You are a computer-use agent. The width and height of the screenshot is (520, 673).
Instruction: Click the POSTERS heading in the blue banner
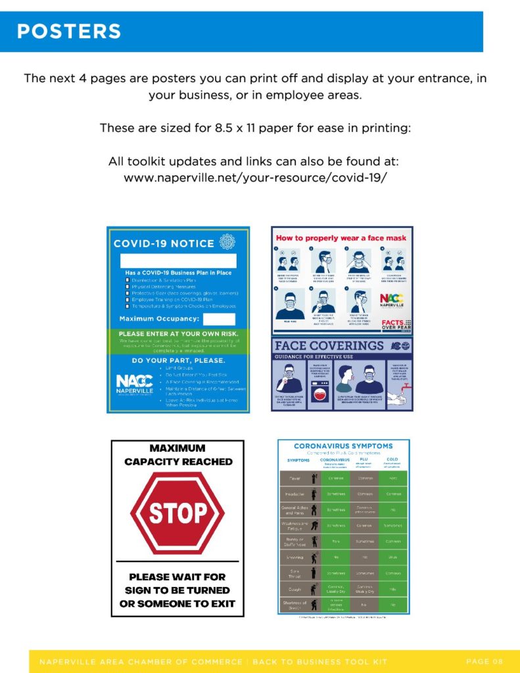[x=69, y=31]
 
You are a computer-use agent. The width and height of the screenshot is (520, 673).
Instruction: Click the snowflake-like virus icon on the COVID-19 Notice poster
[x=227, y=242]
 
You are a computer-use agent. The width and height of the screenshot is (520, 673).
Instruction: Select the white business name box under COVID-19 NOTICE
[x=178, y=261]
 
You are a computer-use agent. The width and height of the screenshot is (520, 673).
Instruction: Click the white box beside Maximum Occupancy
[x=219, y=319]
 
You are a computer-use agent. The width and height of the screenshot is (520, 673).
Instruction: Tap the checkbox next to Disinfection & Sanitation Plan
[x=127, y=280]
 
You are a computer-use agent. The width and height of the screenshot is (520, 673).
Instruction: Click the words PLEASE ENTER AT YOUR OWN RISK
[x=177, y=334]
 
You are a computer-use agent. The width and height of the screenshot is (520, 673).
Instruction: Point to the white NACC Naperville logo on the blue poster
[x=134, y=383]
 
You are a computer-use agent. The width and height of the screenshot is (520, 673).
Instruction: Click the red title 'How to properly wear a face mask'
[x=341, y=238]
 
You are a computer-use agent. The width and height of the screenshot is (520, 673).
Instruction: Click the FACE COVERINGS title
[x=329, y=346]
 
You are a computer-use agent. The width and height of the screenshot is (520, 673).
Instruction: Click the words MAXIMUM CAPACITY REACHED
[x=177, y=455]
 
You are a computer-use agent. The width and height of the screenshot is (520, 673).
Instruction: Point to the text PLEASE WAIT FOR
[x=177, y=577]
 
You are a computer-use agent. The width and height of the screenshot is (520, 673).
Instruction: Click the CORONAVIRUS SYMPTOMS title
[x=343, y=446]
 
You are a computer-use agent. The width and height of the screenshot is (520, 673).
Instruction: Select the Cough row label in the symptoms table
[x=294, y=589]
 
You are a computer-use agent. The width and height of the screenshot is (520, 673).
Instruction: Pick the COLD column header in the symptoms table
[x=392, y=459]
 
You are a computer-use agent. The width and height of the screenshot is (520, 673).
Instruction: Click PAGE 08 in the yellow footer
[x=484, y=661]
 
